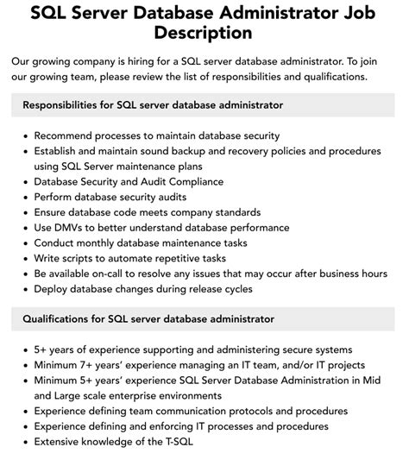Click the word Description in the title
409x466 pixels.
204,33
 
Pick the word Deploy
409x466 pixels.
53,288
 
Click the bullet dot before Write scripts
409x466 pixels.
26,258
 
